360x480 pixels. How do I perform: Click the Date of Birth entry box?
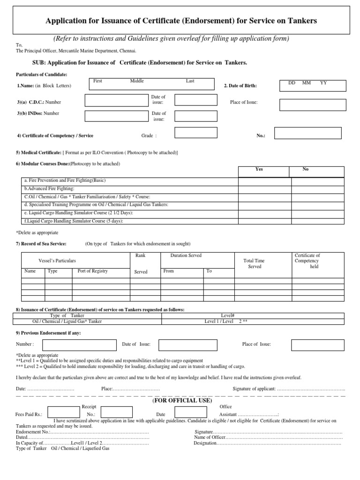(x=313, y=85)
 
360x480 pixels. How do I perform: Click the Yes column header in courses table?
(x=259, y=169)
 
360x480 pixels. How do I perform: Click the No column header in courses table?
(x=306, y=169)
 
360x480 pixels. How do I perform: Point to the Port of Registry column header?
(x=93, y=271)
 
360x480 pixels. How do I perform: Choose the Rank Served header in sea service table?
(x=141, y=263)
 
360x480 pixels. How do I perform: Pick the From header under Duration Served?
(x=168, y=271)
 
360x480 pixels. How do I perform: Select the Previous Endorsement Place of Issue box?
(x=311, y=345)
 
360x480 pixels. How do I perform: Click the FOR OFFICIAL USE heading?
(x=182, y=401)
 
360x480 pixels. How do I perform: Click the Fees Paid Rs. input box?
(x=63, y=412)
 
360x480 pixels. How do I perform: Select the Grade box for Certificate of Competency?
(x=189, y=133)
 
